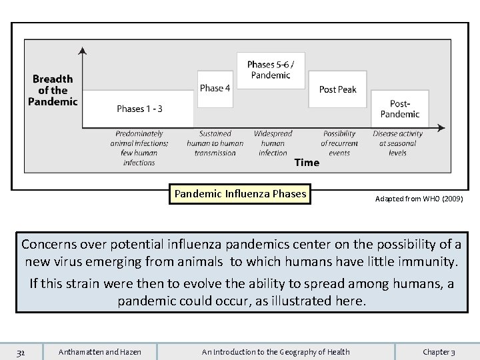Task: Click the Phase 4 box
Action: [215, 88]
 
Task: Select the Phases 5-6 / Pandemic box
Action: [271, 70]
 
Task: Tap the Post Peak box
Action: [337, 89]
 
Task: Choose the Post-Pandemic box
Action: [399, 109]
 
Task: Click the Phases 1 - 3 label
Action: [139, 109]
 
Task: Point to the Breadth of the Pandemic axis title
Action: [53, 91]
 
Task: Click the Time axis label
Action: [307, 163]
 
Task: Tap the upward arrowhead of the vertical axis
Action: [82, 51]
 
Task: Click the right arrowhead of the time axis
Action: [443, 127]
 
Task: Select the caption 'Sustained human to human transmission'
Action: [215, 143]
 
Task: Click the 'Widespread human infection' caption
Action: [273, 143]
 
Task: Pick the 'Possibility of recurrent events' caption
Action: [339, 143]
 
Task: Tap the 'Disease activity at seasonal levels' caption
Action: [398, 143]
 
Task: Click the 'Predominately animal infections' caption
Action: [139, 148]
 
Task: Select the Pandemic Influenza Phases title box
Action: [240, 195]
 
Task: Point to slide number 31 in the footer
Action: [21, 352]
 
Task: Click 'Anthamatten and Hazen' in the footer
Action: [100, 352]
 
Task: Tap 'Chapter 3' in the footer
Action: [439, 352]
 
